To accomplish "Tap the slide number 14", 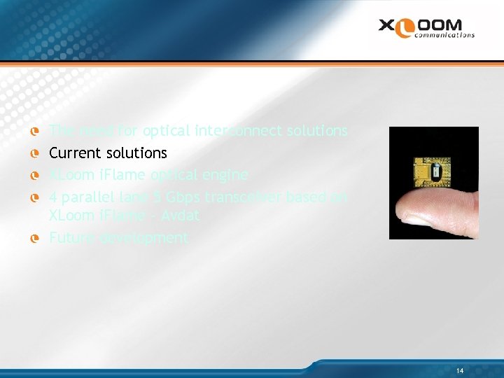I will coord(459,370).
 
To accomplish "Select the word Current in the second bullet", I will coord(73,153).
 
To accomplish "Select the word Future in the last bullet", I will coord(69,238).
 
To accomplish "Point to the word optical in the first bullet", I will coord(166,131).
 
